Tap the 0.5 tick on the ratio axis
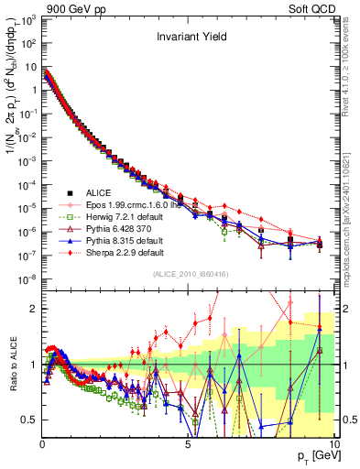pos(29,420)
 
